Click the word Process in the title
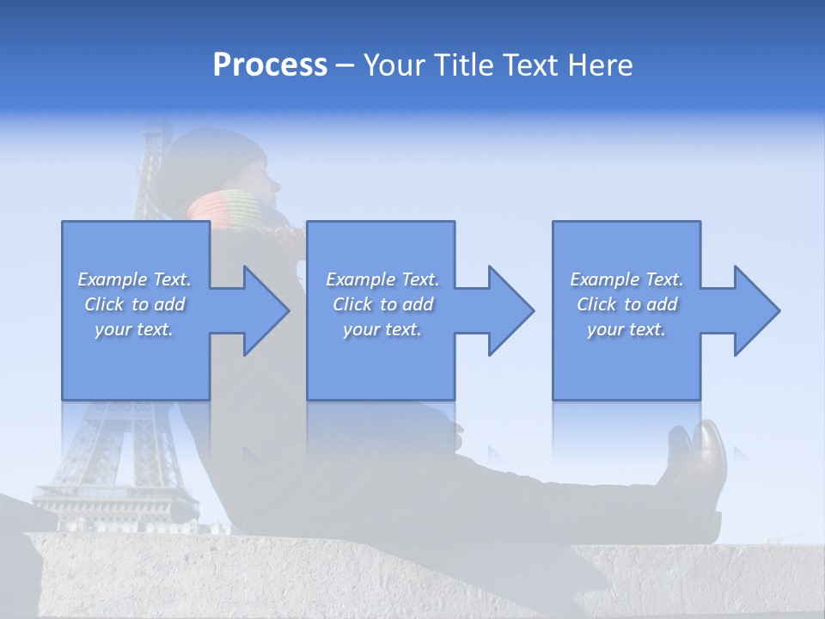(x=270, y=65)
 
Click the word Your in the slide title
(x=394, y=65)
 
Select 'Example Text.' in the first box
(x=135, y=279)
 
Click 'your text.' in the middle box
(x=382, y=329)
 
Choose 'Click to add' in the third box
(x=626, y=304)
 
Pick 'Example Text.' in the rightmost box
(x=626, y=279)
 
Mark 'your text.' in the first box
(x=135, y=329)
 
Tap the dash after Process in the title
(x=345, y=65)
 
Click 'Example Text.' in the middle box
(x=382, y=279)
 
